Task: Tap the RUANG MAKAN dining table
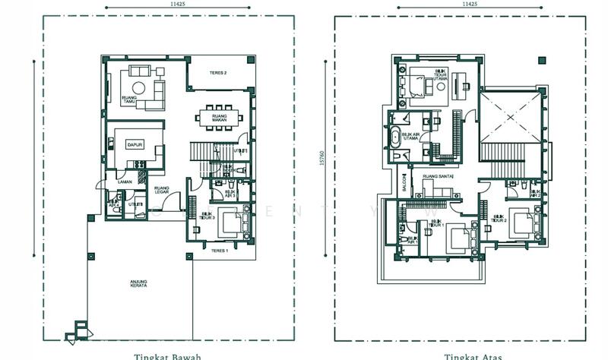coord(220,118)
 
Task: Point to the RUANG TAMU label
coord(128,99)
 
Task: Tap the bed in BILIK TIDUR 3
coord(231,223)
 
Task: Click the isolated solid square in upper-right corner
coord(542,61)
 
